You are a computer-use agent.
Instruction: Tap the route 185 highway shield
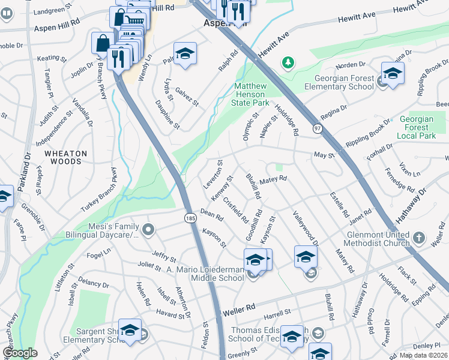tap(189, 217)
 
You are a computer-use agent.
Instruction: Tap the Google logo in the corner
tap(20, 353)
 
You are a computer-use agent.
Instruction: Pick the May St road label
tap(324, 155)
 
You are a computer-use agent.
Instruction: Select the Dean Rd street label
tap(211, 212)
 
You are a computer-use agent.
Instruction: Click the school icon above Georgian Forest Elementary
tap(393, 73)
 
